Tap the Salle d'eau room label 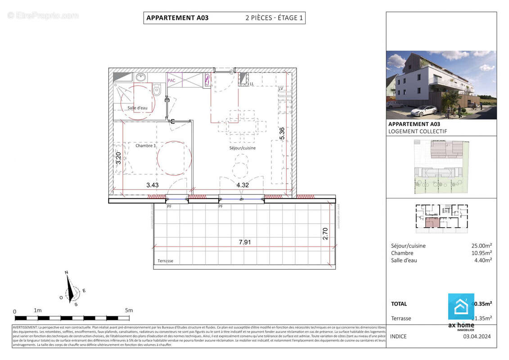pyautogui.click(x=137, y=108)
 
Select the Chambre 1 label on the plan pyautogui.click(x=146, y=145)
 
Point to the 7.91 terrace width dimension pyautogui.click(x=244, y=242)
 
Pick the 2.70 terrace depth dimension pyautogui.click(x=326, y=234)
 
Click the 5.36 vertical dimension pyautogui.click(x=282, y=135)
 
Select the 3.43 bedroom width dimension pyautogui.click(x=153, y=184)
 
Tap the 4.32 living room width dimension pyautogui.click(x=243, y=184)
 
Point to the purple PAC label pyautogui.click(x=171, y=81)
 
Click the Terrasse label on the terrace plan pyautogui.click(x=165, y=261)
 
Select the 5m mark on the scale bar pyautogui.click(x=129, y=310)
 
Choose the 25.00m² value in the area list pyautogui.click(x=481, y=246)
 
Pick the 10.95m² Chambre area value pyautogui.click(x=481, y=253)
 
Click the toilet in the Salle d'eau pyautogui.click(x=157, y=90)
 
